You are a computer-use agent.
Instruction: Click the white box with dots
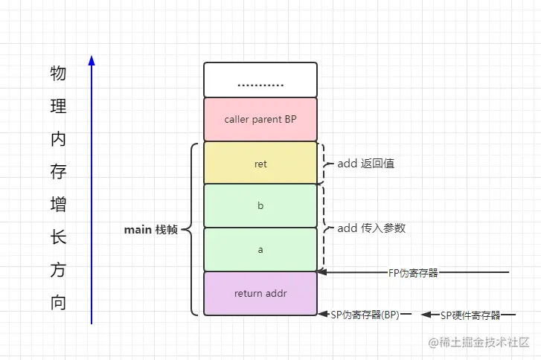[260, 80]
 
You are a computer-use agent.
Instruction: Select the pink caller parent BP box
[260, 119]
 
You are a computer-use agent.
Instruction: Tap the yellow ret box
[260, 164]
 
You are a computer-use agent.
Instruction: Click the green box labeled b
[260, 205]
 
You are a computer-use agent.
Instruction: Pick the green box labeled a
[260, 249]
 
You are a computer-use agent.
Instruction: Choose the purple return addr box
[260, 293]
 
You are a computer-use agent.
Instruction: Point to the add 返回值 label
[365, 164]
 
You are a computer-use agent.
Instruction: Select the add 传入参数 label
[371, 228]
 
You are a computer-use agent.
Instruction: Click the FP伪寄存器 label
[413, 273]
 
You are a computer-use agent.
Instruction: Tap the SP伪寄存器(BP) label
[365, 315]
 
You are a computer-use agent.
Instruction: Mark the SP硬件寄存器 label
[470, 315]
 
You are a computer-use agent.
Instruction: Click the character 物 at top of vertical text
[58, 73]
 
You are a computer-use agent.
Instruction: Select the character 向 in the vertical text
[58, 303]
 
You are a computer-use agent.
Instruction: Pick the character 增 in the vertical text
[58, 205]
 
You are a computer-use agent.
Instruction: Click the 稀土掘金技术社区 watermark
[476, 342]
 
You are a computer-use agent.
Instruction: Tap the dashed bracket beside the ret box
[322, 164]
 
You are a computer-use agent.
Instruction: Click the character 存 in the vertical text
[58, 172]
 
